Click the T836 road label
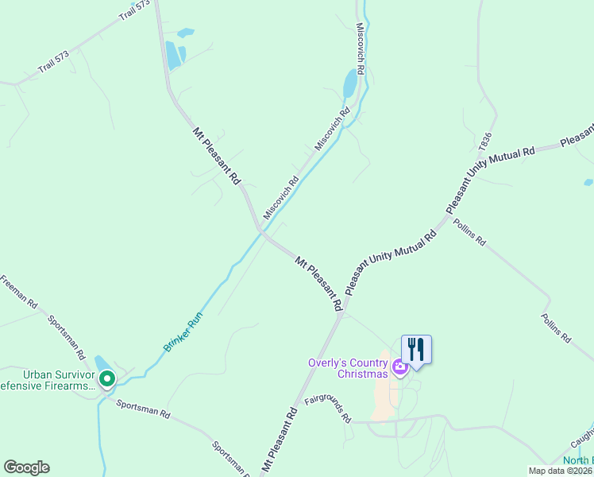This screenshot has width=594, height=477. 486,142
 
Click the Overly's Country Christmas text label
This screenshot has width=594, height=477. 348,369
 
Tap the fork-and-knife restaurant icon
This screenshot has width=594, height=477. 415,349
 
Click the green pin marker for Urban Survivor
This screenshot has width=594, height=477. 107,378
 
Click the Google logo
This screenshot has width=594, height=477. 26,467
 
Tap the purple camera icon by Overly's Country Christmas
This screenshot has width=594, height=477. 399,366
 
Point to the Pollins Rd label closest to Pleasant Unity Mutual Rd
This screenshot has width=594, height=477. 469,232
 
